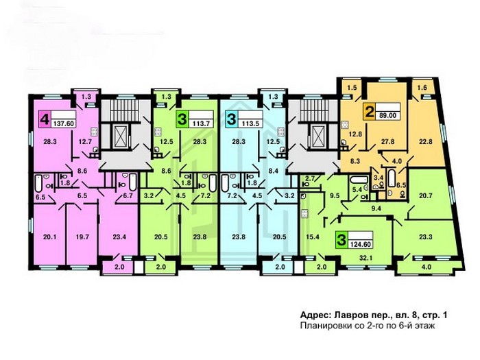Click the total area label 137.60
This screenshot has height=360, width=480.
coord(64,123)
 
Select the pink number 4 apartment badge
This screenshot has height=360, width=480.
coord(45,119)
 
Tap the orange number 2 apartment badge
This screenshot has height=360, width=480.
coord(369,111)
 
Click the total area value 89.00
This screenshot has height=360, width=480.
coord(388,115)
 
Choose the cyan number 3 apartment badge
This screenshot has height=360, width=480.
coord(231,119)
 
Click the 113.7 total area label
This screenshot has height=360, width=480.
coord(201,123)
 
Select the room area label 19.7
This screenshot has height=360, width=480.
coord(82,237)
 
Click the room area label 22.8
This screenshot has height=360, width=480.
coord(426,141)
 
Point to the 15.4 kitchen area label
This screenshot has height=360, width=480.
coord(312,237)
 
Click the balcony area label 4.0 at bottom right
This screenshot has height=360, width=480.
coord(426,267)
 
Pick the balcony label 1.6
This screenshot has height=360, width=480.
coord(422,88)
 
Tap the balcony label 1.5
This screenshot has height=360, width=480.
coord(352,88)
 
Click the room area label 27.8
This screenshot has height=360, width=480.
coord(387,141)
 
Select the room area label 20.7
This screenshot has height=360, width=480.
coord(426,195)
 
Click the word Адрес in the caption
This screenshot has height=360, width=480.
coord(315,315)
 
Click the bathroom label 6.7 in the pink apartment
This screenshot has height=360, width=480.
coord(128,195)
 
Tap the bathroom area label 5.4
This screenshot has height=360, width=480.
coord(357,190)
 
